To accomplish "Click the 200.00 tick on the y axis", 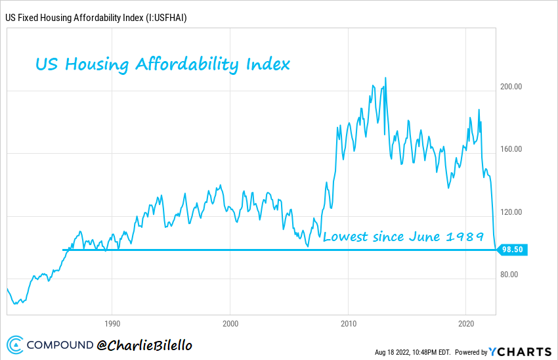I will coord(512,86).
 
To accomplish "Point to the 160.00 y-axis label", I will coord(512,149).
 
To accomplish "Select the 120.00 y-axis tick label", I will coord(512,212).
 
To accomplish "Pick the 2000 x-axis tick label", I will coord(230,324).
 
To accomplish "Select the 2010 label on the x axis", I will coord(348,324).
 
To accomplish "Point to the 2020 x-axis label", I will coord(465,324).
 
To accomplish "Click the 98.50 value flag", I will coord(512,250).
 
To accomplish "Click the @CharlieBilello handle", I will coord(144,344).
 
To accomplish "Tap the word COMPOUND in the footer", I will coord(60,345).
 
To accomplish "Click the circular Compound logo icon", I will coord(16,345).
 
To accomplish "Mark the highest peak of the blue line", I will coord(385,78).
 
